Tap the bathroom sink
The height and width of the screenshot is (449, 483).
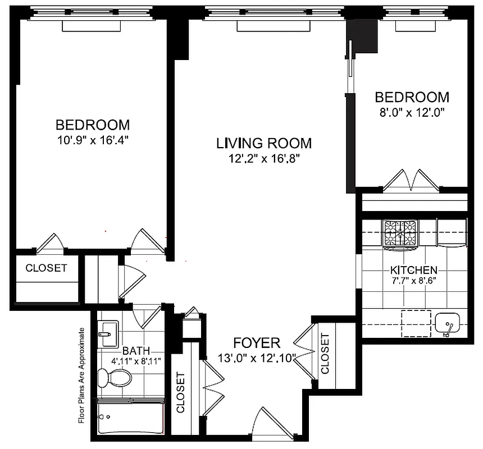[x=107, y=335]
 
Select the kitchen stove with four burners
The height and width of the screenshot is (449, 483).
[x=400, y=233]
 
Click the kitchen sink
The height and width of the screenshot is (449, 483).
[x=448, y=324]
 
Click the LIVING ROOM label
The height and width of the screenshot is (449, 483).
[x=264, y=143]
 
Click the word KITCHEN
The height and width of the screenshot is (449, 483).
[x=414, y=269]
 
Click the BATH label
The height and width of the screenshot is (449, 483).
[x=136, y=351]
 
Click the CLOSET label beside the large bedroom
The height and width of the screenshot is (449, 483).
[x=46, y=268]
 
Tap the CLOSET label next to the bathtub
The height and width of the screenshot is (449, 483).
[x=181, y=393]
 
